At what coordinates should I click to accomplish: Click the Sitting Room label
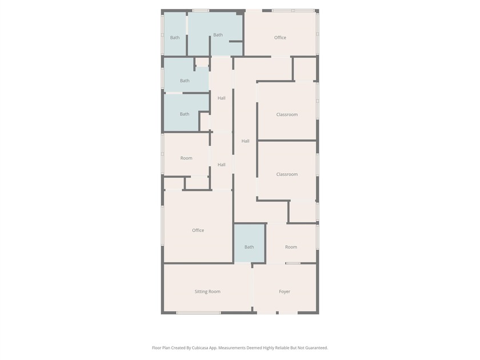tap(207, 291)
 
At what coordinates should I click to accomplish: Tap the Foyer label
tap(285, 291)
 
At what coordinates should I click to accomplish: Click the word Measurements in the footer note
tap(232, 347)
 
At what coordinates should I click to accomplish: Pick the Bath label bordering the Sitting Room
tap(249, 247)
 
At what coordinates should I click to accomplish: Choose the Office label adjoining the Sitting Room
tap(198, 230)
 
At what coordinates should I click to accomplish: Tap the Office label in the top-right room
tap(280, 38)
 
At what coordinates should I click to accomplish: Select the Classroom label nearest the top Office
tap(287, 114)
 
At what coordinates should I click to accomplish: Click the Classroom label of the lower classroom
tap(287, 174)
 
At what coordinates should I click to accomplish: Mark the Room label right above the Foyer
tap(291, 247)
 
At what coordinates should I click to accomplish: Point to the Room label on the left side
tap(186, 158)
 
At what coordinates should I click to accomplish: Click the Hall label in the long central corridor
tap(245, 141)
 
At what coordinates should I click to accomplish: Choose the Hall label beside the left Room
tap(221, 165)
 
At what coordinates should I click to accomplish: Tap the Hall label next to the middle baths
tap(221, 98)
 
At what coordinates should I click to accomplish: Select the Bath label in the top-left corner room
tap(175, 38)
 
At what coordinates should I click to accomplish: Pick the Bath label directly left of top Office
tap(218, 35)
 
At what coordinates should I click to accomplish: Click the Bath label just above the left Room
tap(185, 114)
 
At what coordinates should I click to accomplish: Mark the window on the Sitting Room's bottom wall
tap(198, 313)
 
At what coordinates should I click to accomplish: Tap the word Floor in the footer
tap(157, 347)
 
